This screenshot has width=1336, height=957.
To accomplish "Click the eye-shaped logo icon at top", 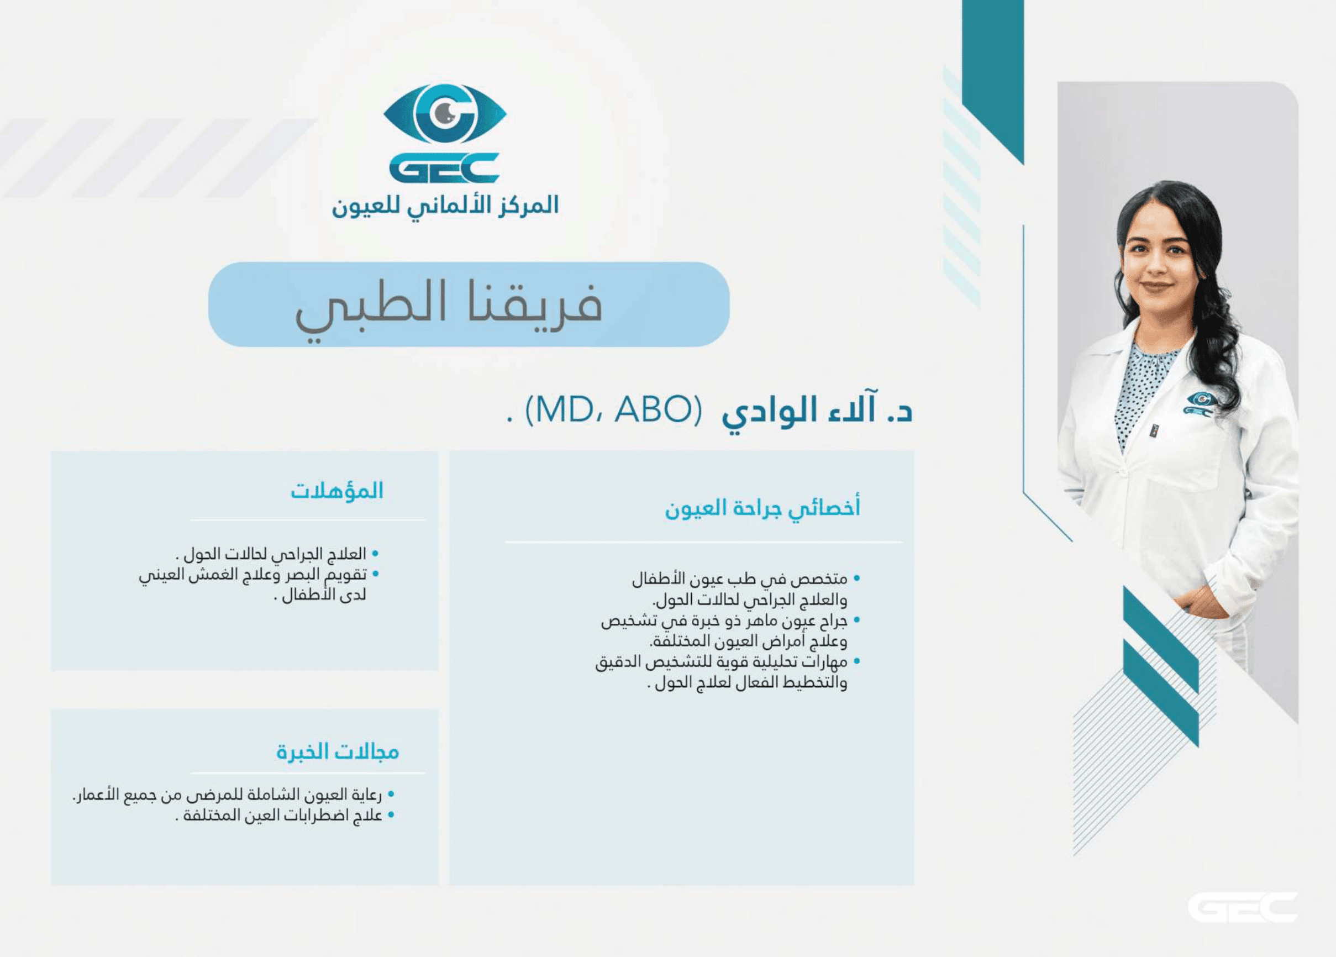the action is [x=445, y=114].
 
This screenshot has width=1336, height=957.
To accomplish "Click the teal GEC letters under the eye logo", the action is [x=445, y=168].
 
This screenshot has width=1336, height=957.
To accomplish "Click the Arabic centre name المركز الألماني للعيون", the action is [x=445, y=207].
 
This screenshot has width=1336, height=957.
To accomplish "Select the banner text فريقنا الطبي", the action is [x=449, y=307].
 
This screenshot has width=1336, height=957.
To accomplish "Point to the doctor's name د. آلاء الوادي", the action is [x=817, y=411].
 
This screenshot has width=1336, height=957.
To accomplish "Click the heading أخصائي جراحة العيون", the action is [x=763, y=508].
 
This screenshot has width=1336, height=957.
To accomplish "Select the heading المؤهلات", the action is [x=337, y=491].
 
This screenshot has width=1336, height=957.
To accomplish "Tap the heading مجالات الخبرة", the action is [x=338, y=753].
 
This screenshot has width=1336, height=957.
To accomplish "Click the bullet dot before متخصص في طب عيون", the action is [x=857, y=579].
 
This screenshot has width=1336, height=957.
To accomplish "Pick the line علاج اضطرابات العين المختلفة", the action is [x=279, y=816].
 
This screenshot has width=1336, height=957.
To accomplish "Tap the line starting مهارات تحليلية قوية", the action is [x=722, y=662].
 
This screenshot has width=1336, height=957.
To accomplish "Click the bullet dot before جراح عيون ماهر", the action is [x=857, y=620].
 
